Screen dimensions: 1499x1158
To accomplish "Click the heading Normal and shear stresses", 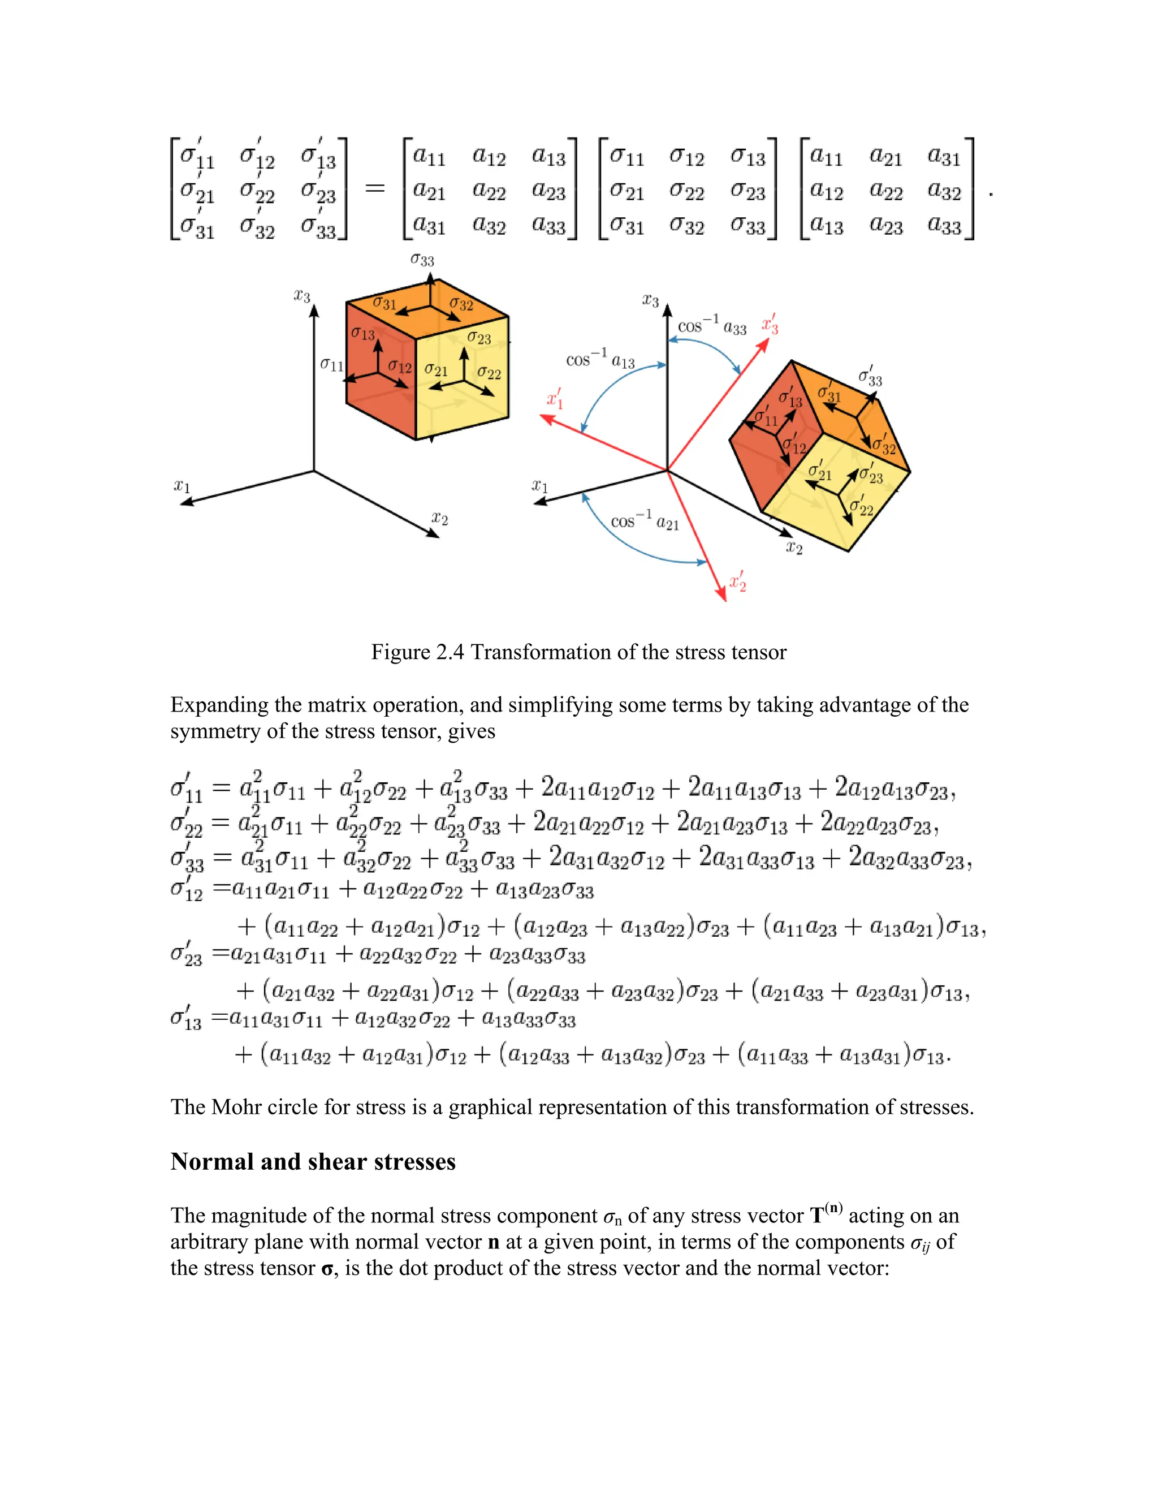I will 313,1162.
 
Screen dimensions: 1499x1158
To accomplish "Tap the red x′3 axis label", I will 771,324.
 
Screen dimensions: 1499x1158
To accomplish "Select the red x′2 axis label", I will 737,582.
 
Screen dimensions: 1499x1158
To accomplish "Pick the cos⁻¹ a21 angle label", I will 644,521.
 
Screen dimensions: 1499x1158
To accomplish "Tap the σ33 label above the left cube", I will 422,260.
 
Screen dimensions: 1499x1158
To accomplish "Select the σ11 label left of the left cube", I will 332,364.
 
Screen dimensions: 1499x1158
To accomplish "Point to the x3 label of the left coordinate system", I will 302,296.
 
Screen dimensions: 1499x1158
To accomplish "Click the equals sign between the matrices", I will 374,188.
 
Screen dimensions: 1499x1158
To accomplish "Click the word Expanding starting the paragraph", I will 219,705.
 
